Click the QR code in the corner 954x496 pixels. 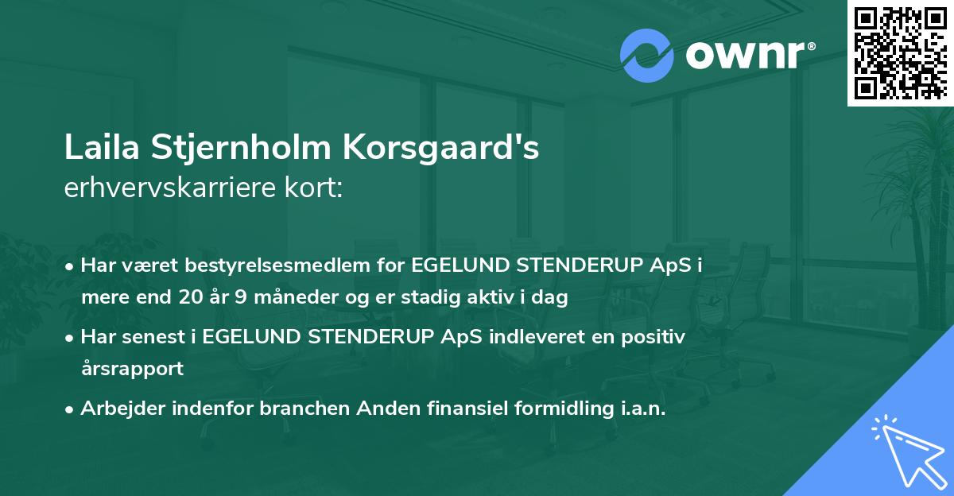pyautogui.click(x=901, y=53)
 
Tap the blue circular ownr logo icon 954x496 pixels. pyautogui.click(x=646, y=55)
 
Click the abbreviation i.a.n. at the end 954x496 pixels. pyautogui.click(x=638, y=409)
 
